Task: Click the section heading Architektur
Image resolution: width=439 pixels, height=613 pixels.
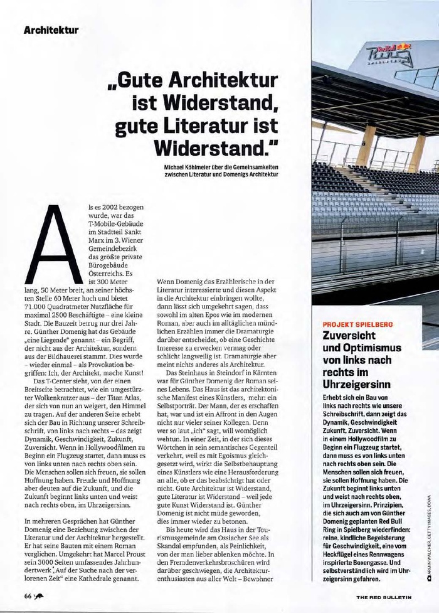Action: (x=51, y=29)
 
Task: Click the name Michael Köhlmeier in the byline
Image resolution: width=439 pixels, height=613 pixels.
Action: (x=186, y=166)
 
